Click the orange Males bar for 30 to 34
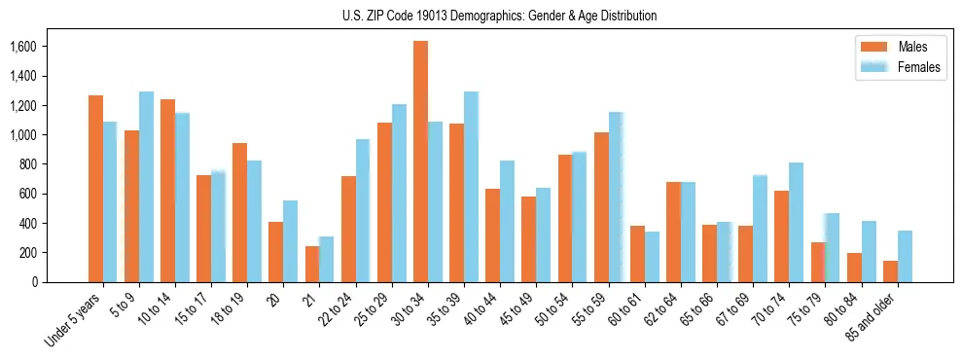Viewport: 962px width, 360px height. (420, 162)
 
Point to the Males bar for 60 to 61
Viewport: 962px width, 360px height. (637, 254)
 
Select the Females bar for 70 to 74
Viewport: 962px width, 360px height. (797, 223)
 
